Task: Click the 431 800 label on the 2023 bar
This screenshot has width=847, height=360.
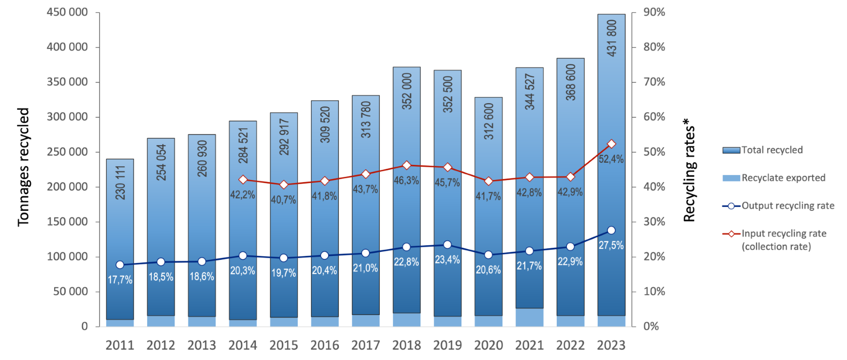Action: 611,38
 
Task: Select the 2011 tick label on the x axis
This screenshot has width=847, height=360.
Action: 120,345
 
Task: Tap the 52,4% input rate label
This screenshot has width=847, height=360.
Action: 611,159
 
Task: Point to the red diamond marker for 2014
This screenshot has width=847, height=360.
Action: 243,179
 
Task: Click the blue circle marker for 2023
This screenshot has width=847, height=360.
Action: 611,230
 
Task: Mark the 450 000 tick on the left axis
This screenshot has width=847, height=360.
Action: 67,12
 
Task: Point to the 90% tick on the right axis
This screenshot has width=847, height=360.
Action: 654,12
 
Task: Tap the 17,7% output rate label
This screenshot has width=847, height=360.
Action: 120,280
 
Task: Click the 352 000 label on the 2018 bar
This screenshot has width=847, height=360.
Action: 407,92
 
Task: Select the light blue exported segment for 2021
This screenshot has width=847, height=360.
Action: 529,317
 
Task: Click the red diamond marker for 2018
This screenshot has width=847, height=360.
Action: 407,165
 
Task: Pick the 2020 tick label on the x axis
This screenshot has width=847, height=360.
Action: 488,345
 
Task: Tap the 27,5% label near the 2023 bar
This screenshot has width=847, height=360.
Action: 611,246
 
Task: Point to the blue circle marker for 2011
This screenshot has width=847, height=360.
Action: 120,264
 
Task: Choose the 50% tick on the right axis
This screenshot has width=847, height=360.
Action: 654,152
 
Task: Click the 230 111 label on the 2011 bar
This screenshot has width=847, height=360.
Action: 120,183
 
